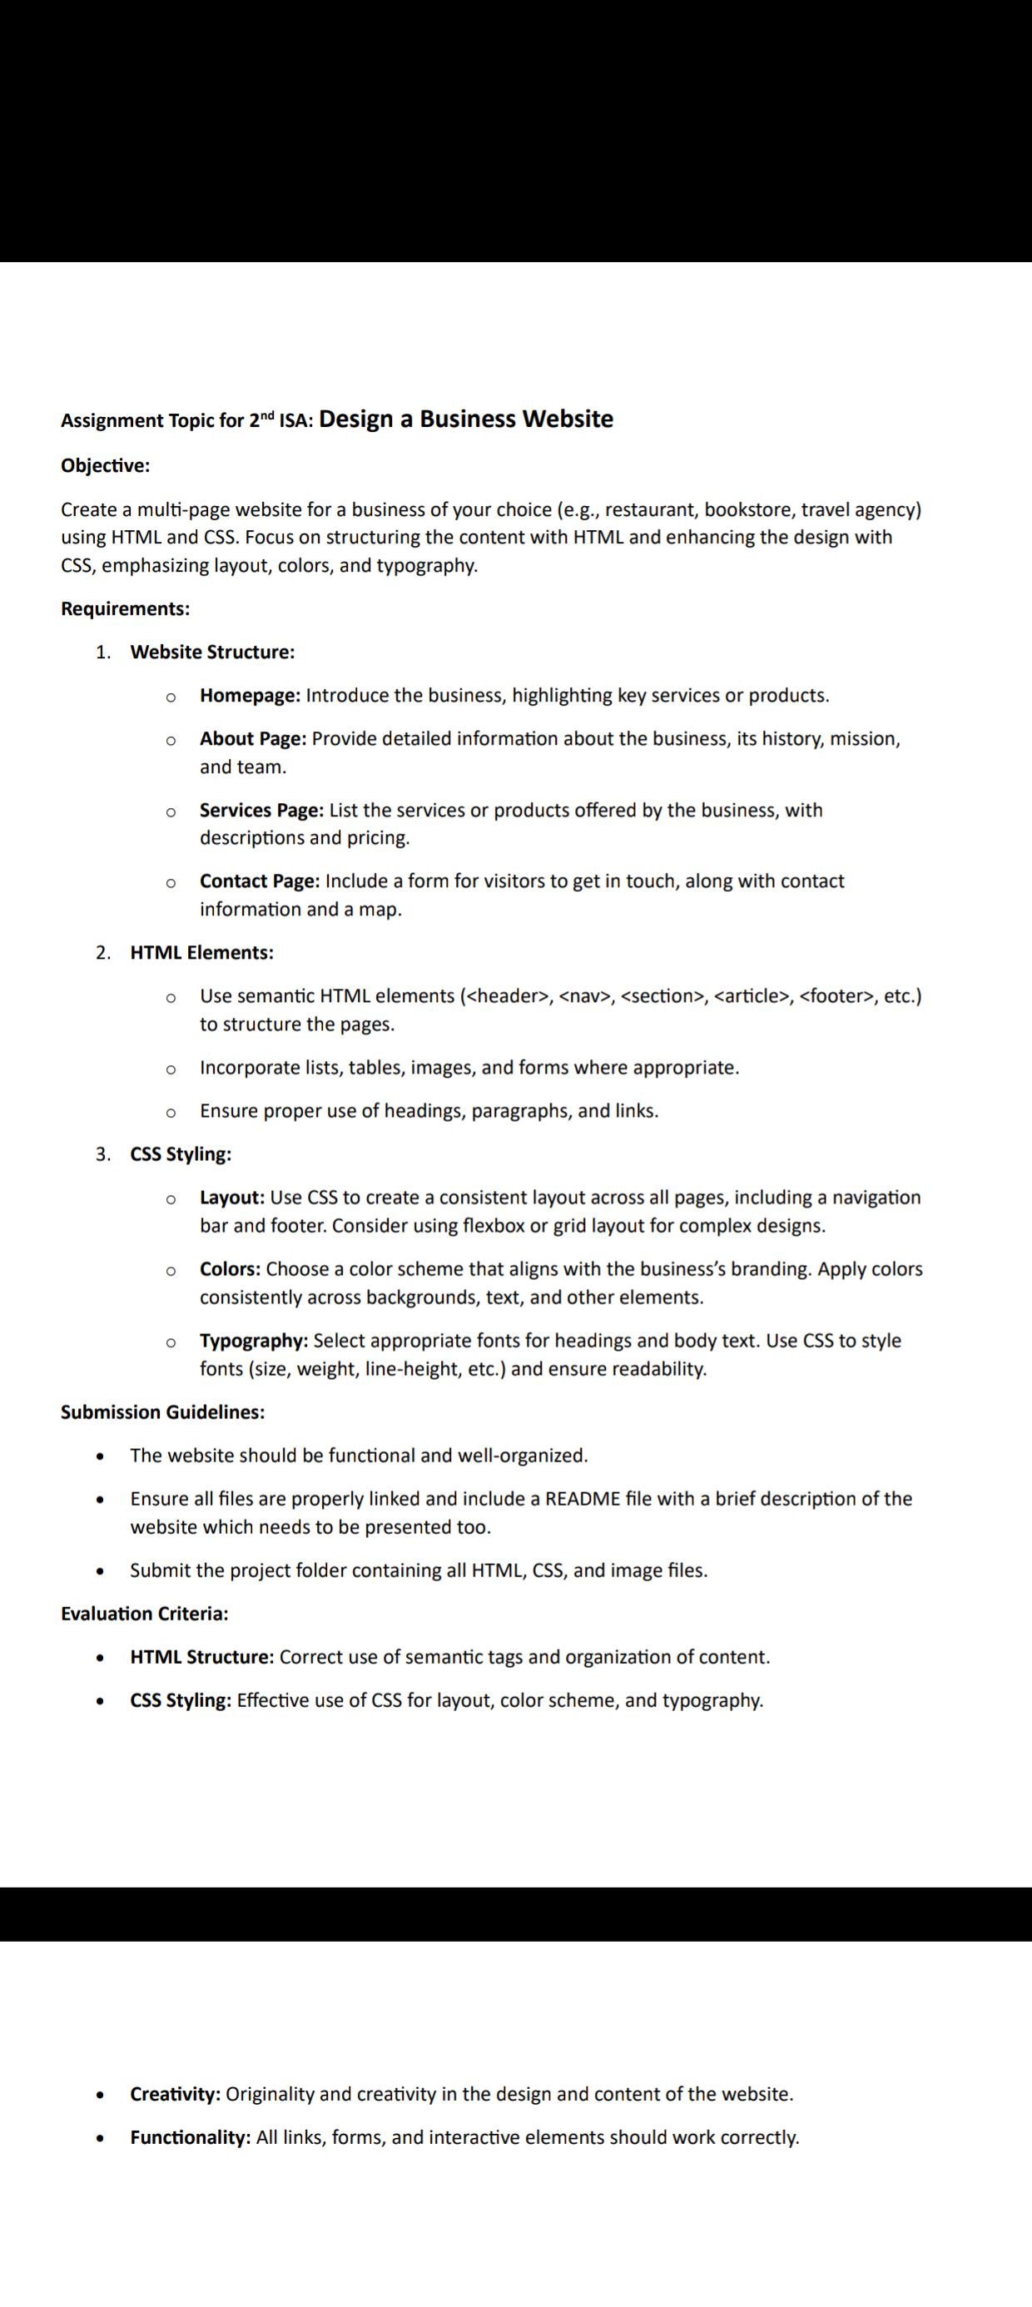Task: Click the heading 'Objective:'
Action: [105, 466]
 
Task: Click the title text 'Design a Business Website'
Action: [466, 419]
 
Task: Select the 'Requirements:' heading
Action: [126, 609]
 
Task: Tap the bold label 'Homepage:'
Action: [250, 696]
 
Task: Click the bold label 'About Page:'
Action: [254, 739]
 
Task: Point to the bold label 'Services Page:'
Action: [261, 811]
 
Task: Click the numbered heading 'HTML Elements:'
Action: [201, 953]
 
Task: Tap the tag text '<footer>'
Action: [836, 997]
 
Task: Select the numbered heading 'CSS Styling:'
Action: [181, 1154]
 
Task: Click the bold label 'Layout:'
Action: [232, 1198]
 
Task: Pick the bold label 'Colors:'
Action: [231, 1270]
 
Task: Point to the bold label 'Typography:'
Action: [255, 1342]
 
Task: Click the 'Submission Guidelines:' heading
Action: [162, 1412]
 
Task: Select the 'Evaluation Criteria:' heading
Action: [144, 1614]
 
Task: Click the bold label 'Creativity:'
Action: [176, 2095]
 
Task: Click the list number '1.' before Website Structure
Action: [103, 652]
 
